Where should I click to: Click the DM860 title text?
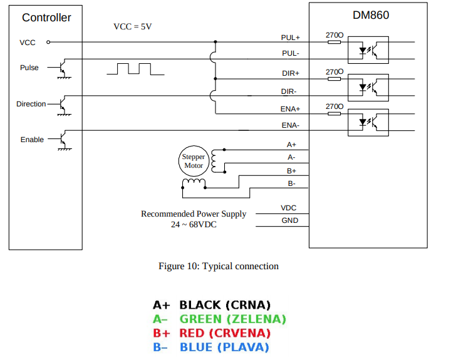(x=371, y=14)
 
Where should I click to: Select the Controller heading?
(x=46, y=18)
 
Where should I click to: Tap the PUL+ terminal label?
(x=290, y=38)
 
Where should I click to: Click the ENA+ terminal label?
(x=290, y=108)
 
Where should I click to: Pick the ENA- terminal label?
(x=290, y=125)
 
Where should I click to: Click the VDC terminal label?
(x=289, y=208)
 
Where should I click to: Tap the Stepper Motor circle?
(x=194, y=162)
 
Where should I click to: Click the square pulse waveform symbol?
(x=135, y=68)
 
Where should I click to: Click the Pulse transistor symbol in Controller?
(x=63, y=68)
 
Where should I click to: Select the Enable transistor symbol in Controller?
(x=63, y=140)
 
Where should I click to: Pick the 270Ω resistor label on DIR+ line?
(x=334, y=72)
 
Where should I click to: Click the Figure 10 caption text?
(x=219, y=266)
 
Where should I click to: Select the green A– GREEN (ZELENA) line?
(x=219, y=319)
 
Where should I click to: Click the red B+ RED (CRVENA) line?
(x=212, y=333)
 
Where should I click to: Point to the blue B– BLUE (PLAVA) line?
(x=211, y=347)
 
